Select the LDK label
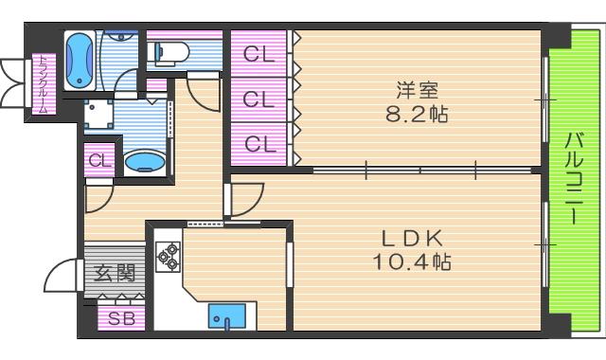(410, 236)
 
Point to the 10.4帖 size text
(410, 260)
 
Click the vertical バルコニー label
(574, 178)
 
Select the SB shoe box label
(121, 318)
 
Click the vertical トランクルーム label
(42, 85)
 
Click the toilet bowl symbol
(171, 51)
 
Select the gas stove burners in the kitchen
(168, 255)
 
